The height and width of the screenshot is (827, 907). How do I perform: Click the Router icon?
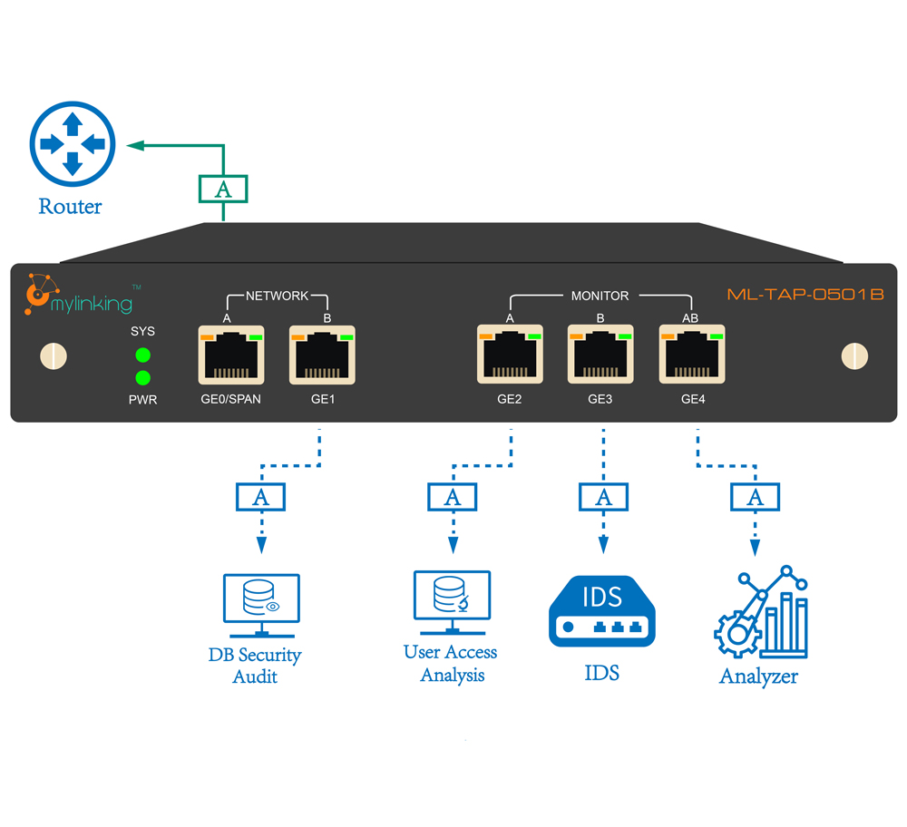point(73,144)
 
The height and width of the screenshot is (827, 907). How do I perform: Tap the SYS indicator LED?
point(142,355)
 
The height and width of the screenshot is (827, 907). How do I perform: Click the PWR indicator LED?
point(142,377)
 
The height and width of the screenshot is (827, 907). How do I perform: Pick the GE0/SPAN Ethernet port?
point(231,354)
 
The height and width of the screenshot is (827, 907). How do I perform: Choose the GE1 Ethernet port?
point(321,354)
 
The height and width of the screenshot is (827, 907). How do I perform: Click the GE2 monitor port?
point(510,354)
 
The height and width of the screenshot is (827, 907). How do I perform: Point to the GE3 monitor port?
point(600,354)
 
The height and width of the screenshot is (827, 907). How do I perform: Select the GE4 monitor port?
point(692,354)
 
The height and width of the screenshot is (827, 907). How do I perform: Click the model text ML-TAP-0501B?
point(805,295)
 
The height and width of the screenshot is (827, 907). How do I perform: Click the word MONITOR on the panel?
point(600,296)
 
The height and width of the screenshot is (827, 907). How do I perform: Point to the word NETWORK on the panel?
point(277,296)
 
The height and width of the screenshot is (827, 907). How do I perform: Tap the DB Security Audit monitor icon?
point(261,606)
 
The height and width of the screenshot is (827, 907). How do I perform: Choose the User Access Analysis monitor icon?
point(451,602)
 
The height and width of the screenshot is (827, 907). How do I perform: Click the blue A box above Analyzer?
point(755,496)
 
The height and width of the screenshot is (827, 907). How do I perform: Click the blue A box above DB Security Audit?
point(260,496)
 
